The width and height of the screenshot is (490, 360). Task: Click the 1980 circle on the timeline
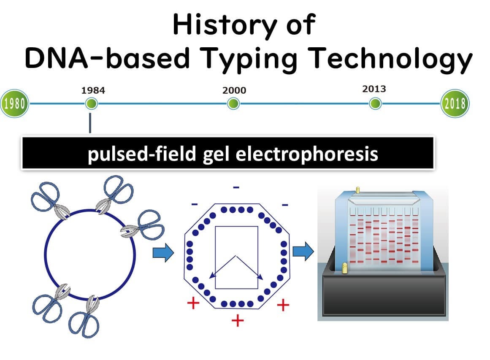click(14, 103)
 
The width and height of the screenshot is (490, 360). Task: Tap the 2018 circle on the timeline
click(455, 103)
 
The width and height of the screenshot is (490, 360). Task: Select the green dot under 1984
click(92, 103)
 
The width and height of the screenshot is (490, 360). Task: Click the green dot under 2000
click(233, 103)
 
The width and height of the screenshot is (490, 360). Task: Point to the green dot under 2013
click(375, 103)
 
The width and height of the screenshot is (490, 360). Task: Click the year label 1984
click(93, 90)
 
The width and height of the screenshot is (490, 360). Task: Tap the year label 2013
click(374, 89)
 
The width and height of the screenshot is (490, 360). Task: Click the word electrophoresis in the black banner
click(307, 154)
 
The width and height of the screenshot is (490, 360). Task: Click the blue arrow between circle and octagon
click(163, 252)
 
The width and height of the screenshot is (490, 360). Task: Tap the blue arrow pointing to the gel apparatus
click(303, 251)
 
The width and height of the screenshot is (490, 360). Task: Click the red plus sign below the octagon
click(238, 321)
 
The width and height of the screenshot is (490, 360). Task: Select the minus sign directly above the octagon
click(236, 187)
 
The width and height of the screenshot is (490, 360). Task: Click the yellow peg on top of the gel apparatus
click(358, 189)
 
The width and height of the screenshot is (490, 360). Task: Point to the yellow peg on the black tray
click(345, 268)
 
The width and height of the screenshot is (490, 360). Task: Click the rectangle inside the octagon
click(237, 227)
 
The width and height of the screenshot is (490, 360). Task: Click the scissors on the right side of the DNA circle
click(144, 226)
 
